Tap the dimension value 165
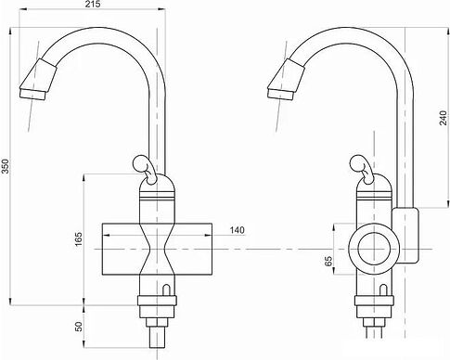pyautogui.click(x=80, y=240)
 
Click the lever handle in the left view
pyautogui.click(x=145, y=168)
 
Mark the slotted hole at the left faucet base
pyautogui.click(x=166, y=293)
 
